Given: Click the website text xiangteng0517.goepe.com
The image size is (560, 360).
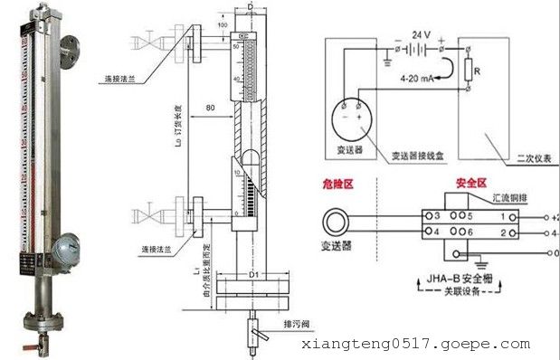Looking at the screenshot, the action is coord(415,345).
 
